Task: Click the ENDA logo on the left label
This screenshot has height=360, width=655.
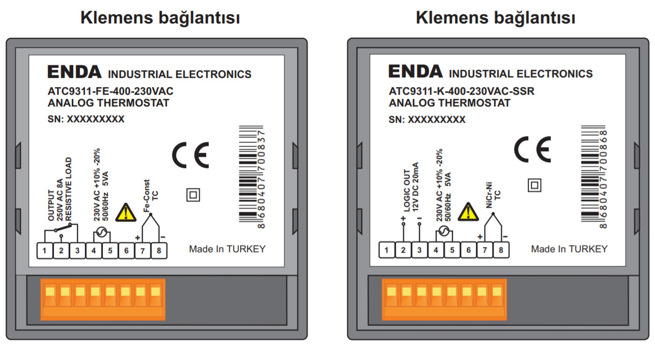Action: tap(74, 72)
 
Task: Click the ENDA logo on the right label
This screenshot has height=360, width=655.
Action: tap(415, 72)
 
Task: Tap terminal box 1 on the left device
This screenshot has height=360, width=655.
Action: tap(45, 250)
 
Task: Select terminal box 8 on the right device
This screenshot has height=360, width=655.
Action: tap(501, 250)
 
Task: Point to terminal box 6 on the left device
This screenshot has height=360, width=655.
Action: tap(126, 250)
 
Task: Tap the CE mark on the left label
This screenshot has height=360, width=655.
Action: tap(190, 155)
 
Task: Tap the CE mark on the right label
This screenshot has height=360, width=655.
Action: tap(532, 149)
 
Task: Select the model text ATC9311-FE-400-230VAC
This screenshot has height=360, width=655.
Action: tap(110, 92)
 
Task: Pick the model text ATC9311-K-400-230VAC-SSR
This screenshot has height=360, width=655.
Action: tap(462, 92)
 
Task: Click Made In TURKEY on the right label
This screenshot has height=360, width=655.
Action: tap(569, 249)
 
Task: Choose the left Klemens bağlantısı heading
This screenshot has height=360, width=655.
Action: tap(160, 18)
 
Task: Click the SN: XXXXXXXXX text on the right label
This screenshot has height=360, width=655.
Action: tap(427, 120)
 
